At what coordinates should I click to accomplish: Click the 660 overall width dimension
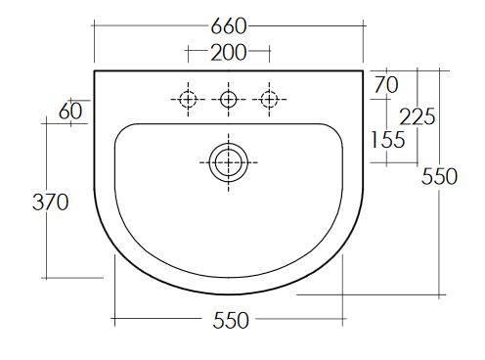229,26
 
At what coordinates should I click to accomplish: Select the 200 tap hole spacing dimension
229,52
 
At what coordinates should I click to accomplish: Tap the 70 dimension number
386,85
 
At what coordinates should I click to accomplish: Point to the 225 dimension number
418,116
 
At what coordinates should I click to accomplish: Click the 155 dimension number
388,140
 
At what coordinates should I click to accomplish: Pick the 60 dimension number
70,112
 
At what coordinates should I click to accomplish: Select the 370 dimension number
51,202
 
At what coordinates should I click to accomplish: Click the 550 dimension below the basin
231,320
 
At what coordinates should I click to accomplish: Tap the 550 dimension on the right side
439,177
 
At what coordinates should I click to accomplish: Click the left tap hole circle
188,99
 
